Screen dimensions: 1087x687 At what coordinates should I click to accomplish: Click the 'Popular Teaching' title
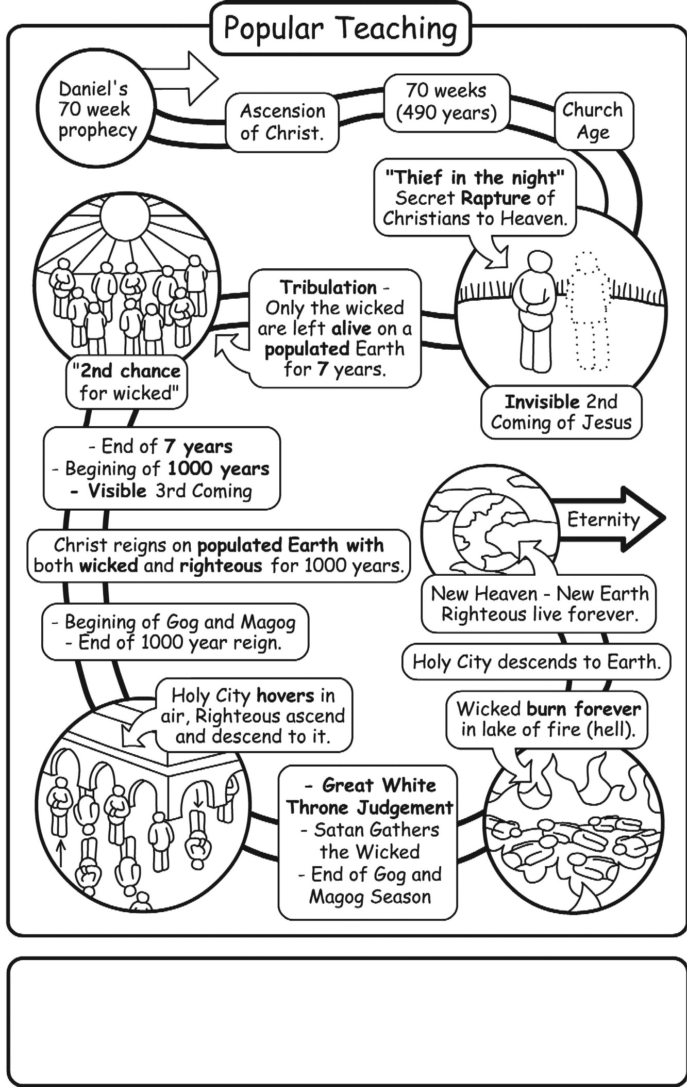click(x=340, y=29)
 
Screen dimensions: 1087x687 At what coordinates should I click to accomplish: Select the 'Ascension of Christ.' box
click(x=282, y=122)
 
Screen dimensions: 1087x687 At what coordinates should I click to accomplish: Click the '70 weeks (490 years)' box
click(x=446, y=102)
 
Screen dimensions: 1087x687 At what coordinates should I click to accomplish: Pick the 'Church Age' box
click(x=593, y=121)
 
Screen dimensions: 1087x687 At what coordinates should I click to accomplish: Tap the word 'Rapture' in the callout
click(x=495, y=198)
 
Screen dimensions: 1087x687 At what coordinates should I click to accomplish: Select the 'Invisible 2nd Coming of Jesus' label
click(x=561, y=412)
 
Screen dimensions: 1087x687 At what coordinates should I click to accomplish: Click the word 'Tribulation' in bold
click(x=328, y=287)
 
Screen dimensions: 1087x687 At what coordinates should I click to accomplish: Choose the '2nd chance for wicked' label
click(x=127, y=382)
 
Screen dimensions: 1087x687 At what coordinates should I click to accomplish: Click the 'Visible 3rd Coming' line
click(x=162, y=491)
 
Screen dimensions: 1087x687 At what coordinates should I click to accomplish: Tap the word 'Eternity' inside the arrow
click(x=603, y=519)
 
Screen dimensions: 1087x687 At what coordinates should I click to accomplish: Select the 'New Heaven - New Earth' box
click(x=539, y=604)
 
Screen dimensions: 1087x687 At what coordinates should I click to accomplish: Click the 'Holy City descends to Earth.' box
click(x=536, y=662)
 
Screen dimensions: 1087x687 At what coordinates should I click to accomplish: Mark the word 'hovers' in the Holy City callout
click(x=286, y=695)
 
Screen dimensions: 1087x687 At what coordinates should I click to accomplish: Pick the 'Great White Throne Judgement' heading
click(x=370, y=796)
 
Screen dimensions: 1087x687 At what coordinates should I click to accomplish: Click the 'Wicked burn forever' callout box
click(x=547, y=719)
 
